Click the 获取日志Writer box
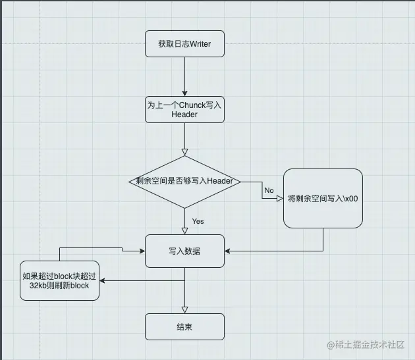coord(184,44)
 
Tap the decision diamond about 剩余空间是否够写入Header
coord(184,181)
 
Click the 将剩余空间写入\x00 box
coord(323,199)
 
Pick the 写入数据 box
coord(184,251)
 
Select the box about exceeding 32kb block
coord(59,281)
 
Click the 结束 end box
coord(184,326)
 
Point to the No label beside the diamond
coord(269,190)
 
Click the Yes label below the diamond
coord(198,221)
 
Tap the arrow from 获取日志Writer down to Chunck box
coord(184,76)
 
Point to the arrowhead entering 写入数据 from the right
coord(228,251)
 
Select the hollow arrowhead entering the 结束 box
coord(184,309)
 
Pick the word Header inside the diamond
coord(221,181)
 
